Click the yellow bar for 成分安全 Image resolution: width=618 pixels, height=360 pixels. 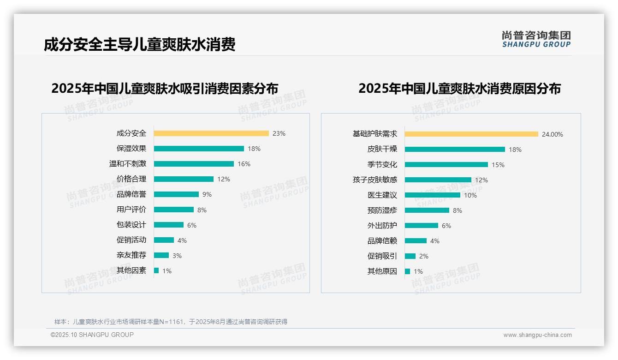pos(211,133)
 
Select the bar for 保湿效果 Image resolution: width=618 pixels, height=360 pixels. pos(198,149)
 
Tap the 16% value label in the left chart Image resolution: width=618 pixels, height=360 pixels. pos(244,164)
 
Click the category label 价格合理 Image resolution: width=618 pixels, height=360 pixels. pos(131,179)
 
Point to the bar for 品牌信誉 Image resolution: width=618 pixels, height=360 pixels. pos(176,194)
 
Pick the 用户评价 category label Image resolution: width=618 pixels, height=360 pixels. pos(131,210)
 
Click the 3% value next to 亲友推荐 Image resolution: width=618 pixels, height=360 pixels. pos(177,256)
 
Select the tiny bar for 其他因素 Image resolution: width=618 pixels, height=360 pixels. pos(156,270)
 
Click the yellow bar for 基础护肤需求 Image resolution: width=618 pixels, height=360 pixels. pos(471,134)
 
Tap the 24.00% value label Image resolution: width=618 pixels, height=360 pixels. pos(553,134)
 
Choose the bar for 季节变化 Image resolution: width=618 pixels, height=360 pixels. pos(446,165)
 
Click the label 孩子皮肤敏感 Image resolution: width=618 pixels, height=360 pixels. pos(374,180)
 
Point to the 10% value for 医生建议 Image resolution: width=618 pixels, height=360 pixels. pos(470,195)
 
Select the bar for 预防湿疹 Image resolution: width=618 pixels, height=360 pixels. pos(427,210)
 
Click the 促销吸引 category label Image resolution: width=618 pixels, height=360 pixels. pos(382,256)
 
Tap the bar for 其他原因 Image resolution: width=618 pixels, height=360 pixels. pos(407,271)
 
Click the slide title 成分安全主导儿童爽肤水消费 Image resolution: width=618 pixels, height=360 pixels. pos(140,45)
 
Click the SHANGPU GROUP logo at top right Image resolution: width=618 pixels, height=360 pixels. pos(536,39)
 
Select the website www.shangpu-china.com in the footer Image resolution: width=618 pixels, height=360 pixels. pos(537,335)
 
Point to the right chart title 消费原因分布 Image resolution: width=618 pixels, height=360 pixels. pos(459,89)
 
